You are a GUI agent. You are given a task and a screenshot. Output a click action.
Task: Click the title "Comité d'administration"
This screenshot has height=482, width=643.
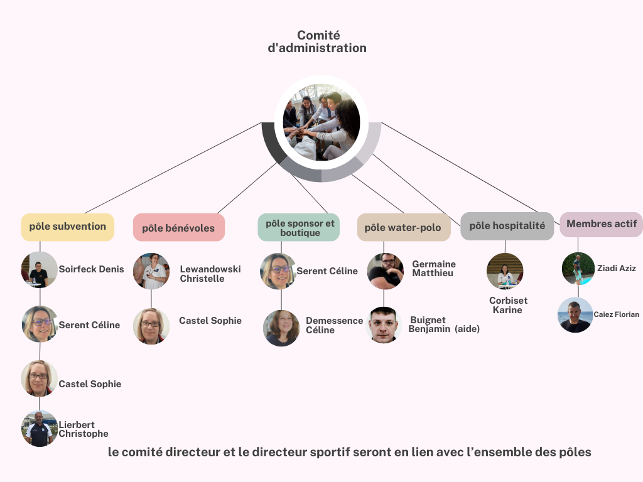pos(318,41)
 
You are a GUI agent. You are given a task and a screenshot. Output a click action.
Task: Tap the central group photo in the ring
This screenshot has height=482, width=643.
pos(321,122)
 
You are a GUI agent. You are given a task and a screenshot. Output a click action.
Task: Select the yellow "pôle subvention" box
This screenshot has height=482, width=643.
pos(68,227)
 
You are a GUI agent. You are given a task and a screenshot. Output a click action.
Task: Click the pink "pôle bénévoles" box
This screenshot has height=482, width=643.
pos(178,228)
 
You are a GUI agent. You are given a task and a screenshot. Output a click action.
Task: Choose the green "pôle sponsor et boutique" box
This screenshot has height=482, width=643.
pos(300,227)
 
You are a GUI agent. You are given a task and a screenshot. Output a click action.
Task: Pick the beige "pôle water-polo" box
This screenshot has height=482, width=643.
pos(403,227)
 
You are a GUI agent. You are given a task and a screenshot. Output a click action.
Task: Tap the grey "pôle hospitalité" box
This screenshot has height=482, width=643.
pos(507,226)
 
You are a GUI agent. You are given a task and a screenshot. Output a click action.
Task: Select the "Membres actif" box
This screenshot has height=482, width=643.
pos(601,224)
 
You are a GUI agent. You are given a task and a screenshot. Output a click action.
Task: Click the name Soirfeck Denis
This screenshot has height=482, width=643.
pos(92,269)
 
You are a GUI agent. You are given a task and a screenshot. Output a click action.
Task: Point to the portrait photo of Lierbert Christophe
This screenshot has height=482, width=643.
pos(40,429)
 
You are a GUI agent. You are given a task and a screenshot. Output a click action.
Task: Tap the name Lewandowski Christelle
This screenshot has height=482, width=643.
pos(210,274)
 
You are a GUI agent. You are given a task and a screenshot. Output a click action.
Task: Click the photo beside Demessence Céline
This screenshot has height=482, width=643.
pos(281,328)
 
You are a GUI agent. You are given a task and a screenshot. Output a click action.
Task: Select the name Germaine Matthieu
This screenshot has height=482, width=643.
pos(433,269)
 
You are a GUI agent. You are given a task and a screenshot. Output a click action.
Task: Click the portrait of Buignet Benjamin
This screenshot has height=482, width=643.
pos(384,324)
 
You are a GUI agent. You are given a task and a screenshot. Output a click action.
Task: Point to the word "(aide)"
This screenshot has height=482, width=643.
pos(467,329)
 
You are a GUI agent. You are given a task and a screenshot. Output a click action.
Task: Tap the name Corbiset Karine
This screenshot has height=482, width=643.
pos(508,305)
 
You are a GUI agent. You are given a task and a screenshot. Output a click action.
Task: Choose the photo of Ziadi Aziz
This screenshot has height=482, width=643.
pos(578,269)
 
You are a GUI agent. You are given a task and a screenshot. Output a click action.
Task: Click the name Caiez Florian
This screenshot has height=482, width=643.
pos(616,314)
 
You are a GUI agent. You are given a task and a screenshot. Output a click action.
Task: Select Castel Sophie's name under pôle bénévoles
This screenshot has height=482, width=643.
pos(210,321)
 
